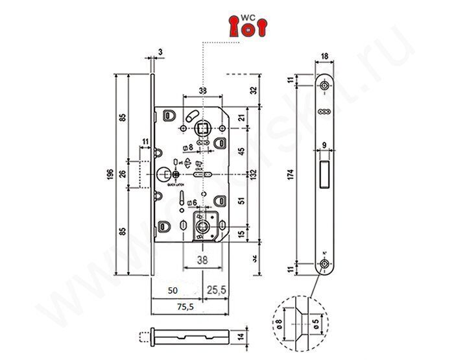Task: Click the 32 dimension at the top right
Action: tap(254, 90)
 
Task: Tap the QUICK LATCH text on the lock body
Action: tap(177, 184)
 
